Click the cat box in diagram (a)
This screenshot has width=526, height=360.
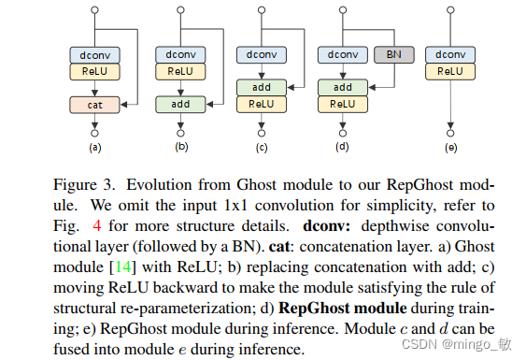94,105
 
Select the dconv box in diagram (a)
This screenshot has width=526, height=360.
94,55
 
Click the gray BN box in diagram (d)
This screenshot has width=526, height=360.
385,55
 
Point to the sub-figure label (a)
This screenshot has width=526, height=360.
94,148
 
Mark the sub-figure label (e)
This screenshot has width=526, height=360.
450,148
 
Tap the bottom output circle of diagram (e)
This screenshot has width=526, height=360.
450,132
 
